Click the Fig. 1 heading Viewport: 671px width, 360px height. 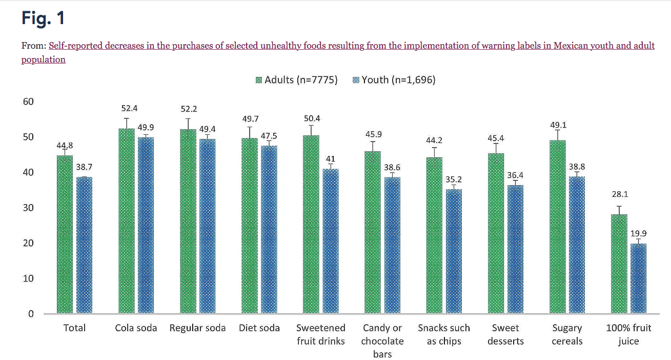point(43,18)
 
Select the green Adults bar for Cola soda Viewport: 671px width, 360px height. point(126,221)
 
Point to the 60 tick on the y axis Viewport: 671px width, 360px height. point(28,102)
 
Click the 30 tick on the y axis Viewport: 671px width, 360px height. point(28,208)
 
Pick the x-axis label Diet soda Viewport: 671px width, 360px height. point(259,328)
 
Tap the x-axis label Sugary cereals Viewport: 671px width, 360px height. point(567,334)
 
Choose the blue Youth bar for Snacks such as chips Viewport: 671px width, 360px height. point(454,251)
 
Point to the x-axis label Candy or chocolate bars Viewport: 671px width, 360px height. point(382,341)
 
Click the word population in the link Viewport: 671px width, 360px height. point(43,59)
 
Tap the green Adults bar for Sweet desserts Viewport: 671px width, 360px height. point(496,233)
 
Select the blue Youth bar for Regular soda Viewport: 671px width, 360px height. point(207,226)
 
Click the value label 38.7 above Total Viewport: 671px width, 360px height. point(84,168)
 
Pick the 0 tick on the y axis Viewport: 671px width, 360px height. point(31,314)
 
